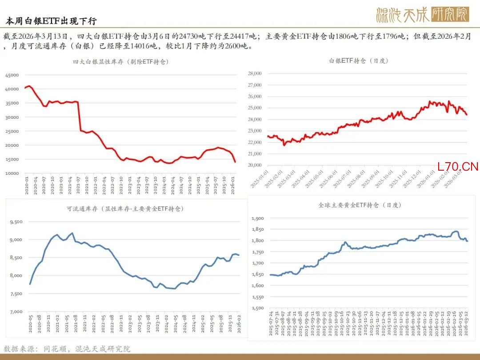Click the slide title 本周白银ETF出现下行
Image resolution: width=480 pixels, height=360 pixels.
pyautogui.click(x=51, y=21)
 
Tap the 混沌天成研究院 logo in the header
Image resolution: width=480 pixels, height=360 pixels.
pyautogui.click(x=422, y=15)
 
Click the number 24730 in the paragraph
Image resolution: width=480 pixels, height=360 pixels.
pyautogui.click(x=188, y=36)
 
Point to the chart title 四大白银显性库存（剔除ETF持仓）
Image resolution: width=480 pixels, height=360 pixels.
pyautogui.click(x=121, y=62)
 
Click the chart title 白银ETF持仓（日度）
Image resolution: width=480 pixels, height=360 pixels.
pyautogui.click(x=358, y=60)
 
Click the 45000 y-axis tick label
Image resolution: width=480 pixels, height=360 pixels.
pyautogui.click(x=12, y=75)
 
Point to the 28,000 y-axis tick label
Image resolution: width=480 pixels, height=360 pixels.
pyautogui.click(x=254, y=73)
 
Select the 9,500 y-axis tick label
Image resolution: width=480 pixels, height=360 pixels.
pyautogui.click(x=16, y=222)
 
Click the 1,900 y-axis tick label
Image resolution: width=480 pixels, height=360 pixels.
pyautogui.click(x=258, y=218)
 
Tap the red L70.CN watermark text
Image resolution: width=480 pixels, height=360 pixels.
pyautogui.click(x=458, y=167)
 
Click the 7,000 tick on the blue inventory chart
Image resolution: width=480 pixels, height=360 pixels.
pyautogui.click(x=16, y=312)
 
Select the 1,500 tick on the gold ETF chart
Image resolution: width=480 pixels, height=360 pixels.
pyautogui.click(x=258, y=308)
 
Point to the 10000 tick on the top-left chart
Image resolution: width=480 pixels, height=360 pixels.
pyautogui.click(x=12, y=173)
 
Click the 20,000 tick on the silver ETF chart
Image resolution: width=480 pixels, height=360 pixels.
pyautogui.click(x=254, y=165)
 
